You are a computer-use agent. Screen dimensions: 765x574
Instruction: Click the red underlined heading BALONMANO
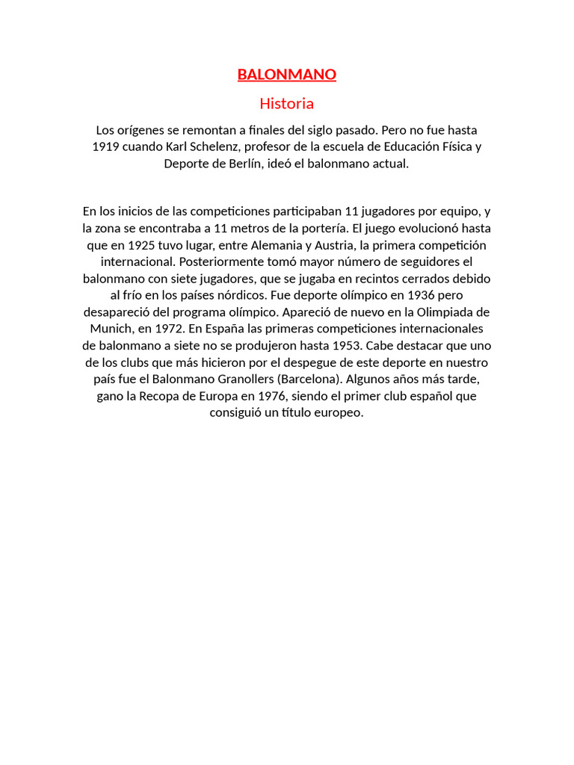pyautogui.click(x=287, y=74)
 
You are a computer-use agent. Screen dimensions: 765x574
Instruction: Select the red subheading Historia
pyautogui.click(x=287, y=103)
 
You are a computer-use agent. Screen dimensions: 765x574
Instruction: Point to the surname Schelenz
pyautogui.click(x=214, y=146)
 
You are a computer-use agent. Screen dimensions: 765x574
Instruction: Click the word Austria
pyautogui.click(x=334, y=245)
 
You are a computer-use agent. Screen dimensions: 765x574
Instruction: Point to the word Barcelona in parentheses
pyautogui.click(x=308, y=379)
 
